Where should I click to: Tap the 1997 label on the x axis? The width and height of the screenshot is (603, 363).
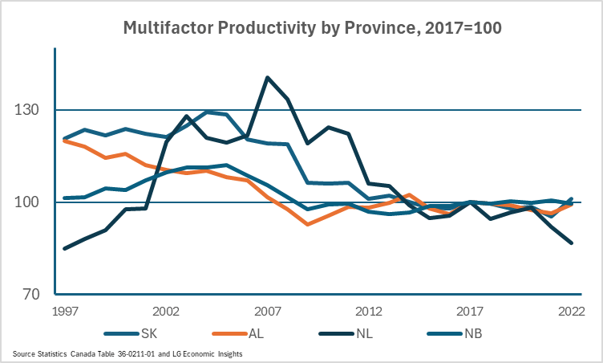pos(65,311)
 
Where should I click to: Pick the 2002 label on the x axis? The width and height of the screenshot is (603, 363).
pos(165,311)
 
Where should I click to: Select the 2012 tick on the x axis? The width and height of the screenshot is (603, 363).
pos(368,311)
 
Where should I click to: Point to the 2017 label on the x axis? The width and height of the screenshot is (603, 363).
pos(469,311)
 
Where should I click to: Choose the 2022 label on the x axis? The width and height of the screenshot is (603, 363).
pos(570,311)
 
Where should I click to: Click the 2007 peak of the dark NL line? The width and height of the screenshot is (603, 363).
pos(267,77)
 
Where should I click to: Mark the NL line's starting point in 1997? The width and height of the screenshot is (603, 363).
pos(65,248)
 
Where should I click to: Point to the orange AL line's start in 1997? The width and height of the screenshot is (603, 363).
pos(65,141)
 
